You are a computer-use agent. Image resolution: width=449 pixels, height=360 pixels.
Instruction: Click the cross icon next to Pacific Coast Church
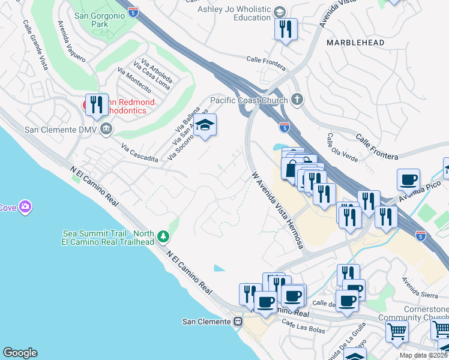click(296, 99)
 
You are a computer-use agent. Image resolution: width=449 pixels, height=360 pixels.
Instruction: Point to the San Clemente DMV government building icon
click(106, 128)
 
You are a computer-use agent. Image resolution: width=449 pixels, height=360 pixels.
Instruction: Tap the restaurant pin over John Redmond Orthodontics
click(96, 105)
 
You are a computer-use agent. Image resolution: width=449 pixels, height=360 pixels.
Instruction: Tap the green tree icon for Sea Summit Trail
click(163, 238)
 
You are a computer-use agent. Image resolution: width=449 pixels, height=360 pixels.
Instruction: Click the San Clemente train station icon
click(238, 322)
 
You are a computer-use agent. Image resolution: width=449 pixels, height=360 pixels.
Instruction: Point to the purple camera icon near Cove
click(25, 208)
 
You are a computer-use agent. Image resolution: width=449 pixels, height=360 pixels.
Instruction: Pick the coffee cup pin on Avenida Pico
click(408, 179)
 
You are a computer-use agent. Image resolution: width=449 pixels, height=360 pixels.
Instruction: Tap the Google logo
click(20, 353)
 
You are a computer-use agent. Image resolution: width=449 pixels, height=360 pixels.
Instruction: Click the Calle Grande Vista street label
click(35, 45)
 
